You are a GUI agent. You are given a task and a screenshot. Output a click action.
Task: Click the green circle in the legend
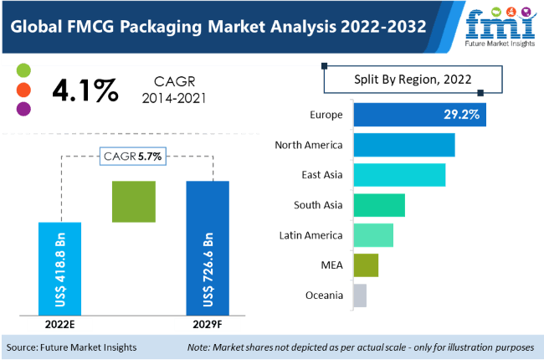pos(23,69)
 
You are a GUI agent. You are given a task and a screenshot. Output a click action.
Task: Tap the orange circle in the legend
pos(23,89)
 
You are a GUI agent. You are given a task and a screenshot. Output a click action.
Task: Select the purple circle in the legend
pos(23,108)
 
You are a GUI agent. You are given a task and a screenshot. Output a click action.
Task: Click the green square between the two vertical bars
pos(133,201)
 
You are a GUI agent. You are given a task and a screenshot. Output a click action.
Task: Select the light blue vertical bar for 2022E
pos(59,269)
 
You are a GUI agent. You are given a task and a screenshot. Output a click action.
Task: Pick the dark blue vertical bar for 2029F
pos(208,249)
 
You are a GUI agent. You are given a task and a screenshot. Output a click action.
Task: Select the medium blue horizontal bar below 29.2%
pos(404,145)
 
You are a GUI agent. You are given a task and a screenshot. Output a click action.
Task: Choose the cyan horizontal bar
pos(399,175)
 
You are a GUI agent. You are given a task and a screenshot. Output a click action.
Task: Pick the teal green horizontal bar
pos(379,205)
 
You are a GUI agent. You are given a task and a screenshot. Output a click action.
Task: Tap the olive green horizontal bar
pos(366,265)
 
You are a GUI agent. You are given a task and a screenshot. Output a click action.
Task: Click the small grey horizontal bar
pos(360,295)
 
